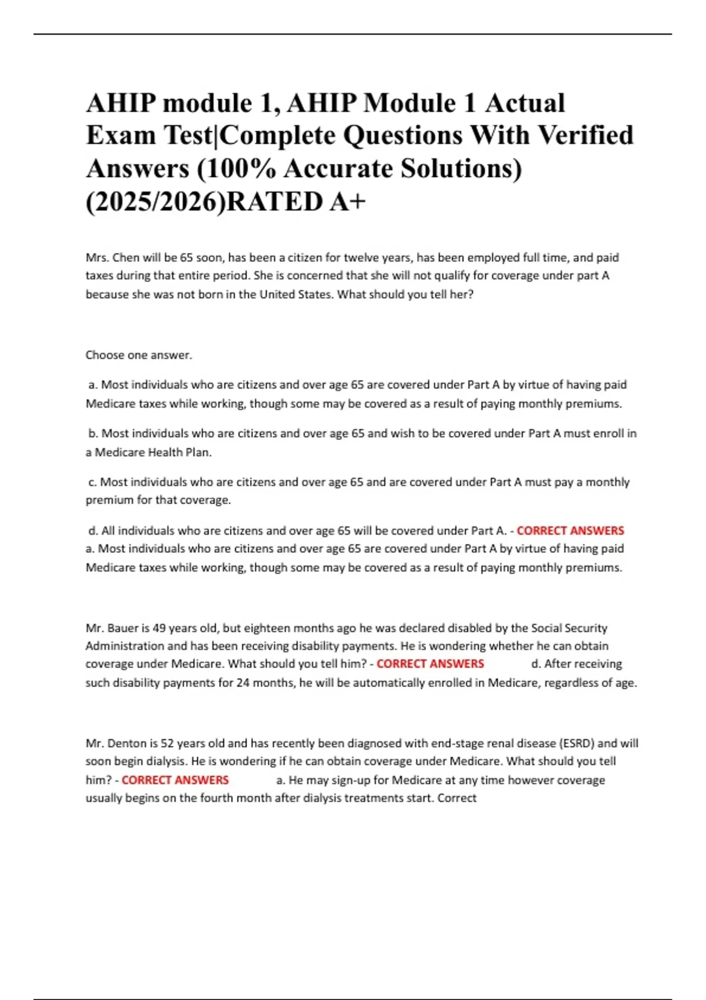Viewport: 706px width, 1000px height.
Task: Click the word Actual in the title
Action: point(525,103)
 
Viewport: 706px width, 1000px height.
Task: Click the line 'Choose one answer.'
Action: point(139,355)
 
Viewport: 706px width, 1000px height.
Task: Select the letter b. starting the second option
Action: point(94,434)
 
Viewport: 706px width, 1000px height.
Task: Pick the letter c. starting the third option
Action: point(93,482)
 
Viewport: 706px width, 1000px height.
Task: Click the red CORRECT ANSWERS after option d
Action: point(570,531)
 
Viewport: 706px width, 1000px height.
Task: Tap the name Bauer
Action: point(123,628)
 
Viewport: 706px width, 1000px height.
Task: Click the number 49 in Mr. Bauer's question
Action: point(159,628)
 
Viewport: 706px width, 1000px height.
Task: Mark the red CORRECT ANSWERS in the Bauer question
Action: point(430,664)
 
